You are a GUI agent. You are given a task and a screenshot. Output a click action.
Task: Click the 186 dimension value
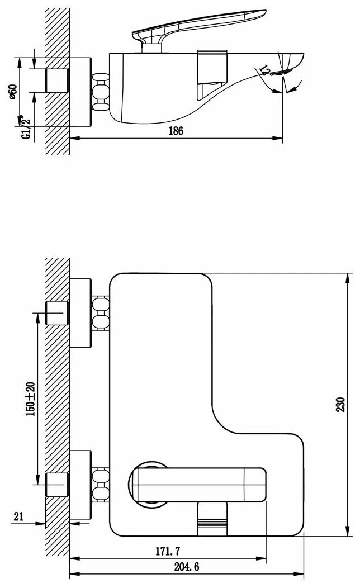pos(175,131)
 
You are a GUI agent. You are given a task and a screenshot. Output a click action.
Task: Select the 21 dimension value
pos(18,517)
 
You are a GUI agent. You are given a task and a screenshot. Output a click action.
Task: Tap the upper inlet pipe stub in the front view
pos(57,312)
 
